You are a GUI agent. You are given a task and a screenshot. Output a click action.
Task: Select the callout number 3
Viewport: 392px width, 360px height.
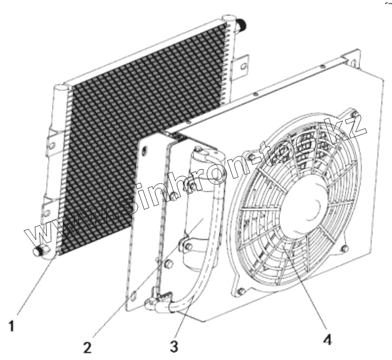coord(174,346)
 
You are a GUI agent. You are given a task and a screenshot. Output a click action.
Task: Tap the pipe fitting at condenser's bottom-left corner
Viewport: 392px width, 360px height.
coord(38,252)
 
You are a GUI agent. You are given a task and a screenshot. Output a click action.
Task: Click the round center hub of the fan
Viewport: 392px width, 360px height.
coord(301,207)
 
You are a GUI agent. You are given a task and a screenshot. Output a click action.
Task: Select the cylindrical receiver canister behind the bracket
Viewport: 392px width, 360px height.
coord(202,207)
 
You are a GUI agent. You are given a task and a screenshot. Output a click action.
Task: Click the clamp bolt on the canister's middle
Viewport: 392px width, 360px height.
coord(187,242)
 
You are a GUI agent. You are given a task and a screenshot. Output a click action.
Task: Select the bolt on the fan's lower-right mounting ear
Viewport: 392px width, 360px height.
coord(345,247)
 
